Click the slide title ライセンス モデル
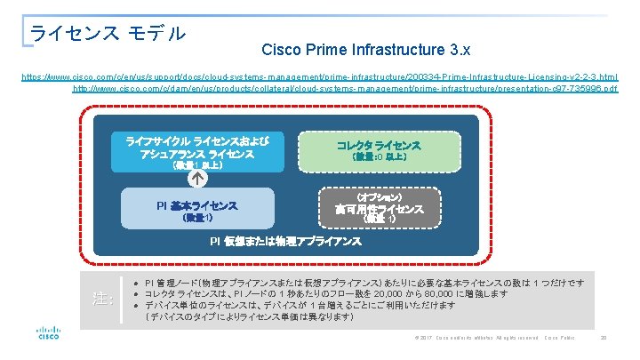click(108, 33)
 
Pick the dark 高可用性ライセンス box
click(379, 210)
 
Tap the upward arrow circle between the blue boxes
click(196, 177)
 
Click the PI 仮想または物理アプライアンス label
click(285, 241)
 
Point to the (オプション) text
click(379, 195)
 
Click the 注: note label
click(103, 299)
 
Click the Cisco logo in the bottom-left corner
click(47, 335)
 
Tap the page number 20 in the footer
click(603, 338)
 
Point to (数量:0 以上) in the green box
click(379, 157)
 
